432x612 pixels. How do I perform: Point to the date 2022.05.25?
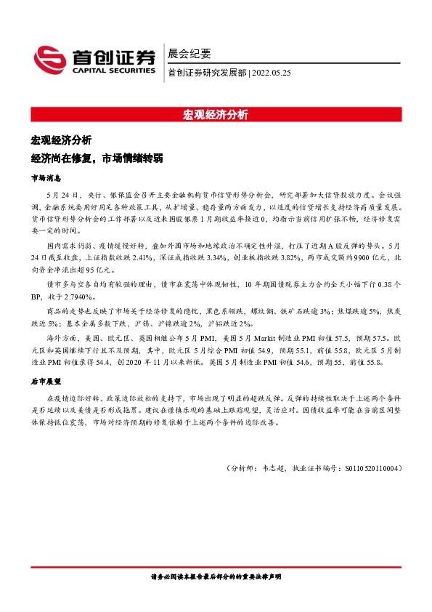272,73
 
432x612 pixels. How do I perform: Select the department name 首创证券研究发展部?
207,73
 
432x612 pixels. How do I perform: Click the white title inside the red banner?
216,115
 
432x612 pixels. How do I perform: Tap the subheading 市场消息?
46,177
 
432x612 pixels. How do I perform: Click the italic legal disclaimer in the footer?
216,576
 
